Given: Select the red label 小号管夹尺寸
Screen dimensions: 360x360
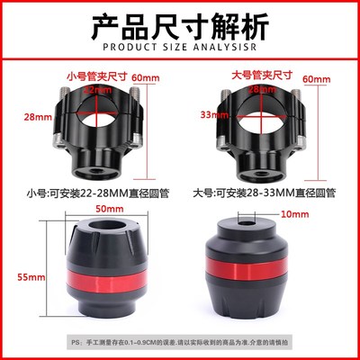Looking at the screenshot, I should [95, 77].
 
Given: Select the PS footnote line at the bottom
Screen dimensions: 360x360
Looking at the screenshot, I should [180, 343].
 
